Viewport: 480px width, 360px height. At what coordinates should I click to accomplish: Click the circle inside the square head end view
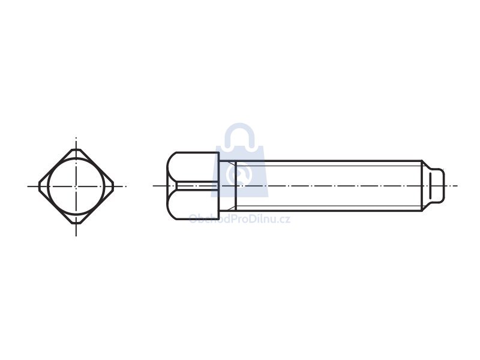point(76,159)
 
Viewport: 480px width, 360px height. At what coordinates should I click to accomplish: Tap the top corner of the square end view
point(76,149)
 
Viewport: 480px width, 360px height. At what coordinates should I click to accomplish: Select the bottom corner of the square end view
point(76,223)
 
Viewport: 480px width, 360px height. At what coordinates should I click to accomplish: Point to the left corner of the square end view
point(39,186)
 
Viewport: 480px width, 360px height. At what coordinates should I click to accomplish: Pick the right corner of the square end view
point(113,186)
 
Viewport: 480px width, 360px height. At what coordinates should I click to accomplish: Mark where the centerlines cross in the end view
point(76,186)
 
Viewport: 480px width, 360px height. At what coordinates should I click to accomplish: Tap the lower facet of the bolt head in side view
point(193,204)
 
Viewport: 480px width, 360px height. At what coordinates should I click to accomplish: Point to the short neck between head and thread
point(227,185)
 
